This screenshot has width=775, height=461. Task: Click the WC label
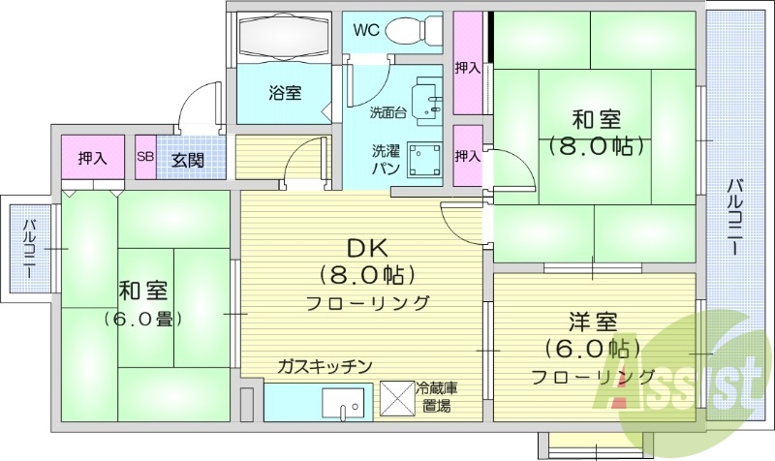click(365, 29)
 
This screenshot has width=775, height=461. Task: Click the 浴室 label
click(284, 93)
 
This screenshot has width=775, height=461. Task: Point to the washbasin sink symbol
click(426, 98)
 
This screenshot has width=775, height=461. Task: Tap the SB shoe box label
click(145, 158)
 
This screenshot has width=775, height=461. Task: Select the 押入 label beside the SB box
click(93, 158)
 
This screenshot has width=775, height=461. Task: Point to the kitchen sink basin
click(345, 401)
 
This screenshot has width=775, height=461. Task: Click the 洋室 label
click(592, 323)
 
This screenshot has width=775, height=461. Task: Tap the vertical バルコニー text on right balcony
click(738, 217)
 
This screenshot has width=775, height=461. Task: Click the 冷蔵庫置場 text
click(437, 397)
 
